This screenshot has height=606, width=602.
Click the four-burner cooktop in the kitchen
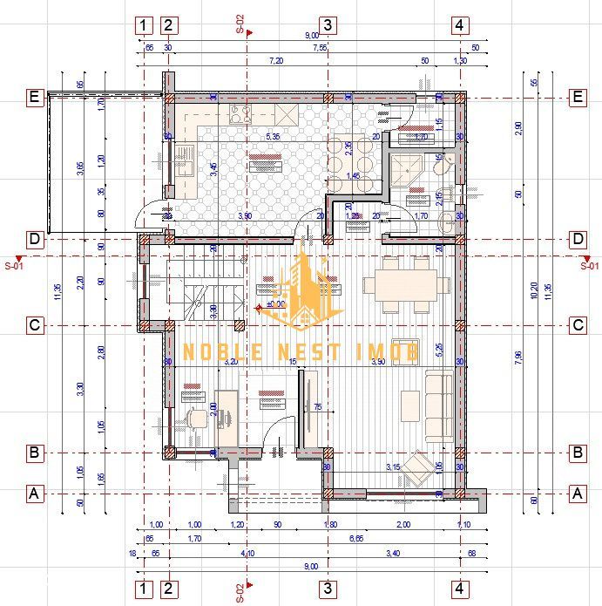[240, 114]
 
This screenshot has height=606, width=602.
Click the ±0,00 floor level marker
[272, 305]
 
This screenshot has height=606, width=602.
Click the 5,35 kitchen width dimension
[273, 138]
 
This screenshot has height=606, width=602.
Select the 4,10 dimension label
[247, 553]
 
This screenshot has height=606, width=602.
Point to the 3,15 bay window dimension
[394, 467]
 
